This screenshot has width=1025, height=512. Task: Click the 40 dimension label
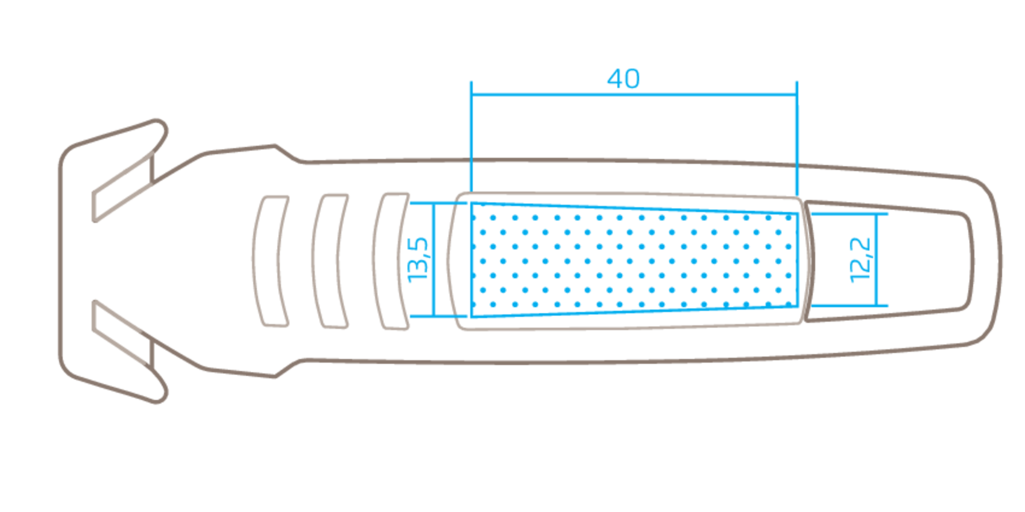click(x=623, y=79)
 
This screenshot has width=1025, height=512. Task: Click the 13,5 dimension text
click(x=418, y=260)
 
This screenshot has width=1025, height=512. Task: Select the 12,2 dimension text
click(x=860, y=260)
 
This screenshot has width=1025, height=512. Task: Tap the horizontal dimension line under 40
click(x=634, y=95)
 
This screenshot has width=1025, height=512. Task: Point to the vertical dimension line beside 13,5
click(x=434, y=260)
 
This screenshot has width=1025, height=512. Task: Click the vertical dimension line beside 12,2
click(x=877, y=260)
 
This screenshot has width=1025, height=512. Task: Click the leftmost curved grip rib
click(x=271, y=261)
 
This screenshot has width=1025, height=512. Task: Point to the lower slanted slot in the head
click(x=124, y=335)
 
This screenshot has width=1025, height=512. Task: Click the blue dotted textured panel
click(x=634, y=260)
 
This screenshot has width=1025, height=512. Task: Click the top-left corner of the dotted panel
click(x=471, y=204)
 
